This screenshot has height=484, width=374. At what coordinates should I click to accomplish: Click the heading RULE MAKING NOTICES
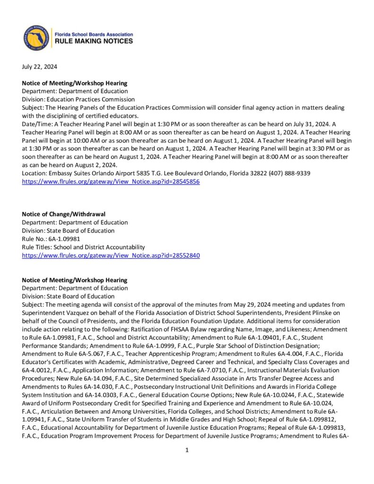(x=94, y=42)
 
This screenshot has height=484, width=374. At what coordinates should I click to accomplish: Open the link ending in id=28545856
(x=111, y=181)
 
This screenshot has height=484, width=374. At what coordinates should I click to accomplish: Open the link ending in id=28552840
(x=111, y=255)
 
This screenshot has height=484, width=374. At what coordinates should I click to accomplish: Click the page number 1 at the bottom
(x=187, y=450)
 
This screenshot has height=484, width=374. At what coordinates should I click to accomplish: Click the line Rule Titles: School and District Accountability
(x=83, y=247)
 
